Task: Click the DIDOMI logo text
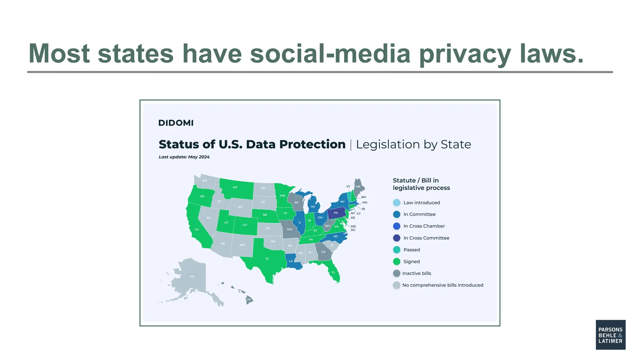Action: [x=176, y=123]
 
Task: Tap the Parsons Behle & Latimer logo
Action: [x=610, y=335]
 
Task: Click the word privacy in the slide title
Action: [x=465, y=54]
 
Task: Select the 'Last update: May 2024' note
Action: [x=184, y=157]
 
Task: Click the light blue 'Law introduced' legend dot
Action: [x=397, y=202]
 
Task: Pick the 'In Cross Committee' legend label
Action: [x=426, y=238]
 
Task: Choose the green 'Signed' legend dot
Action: [x=397, y=262]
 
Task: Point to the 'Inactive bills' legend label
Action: [x=417, y=273]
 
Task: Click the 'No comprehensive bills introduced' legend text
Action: [x=442, y=285]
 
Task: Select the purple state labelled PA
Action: [x=336, y=213]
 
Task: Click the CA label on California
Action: [x=197, y=229]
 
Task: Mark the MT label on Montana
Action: [x=235, y=187]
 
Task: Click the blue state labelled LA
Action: [x=291, y=261]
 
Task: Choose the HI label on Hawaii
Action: [x=249, y=299]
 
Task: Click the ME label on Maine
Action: [x=358, y=187]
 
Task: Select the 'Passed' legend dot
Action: [x=397, y=250]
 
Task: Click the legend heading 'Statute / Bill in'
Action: [x=416, y=180]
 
